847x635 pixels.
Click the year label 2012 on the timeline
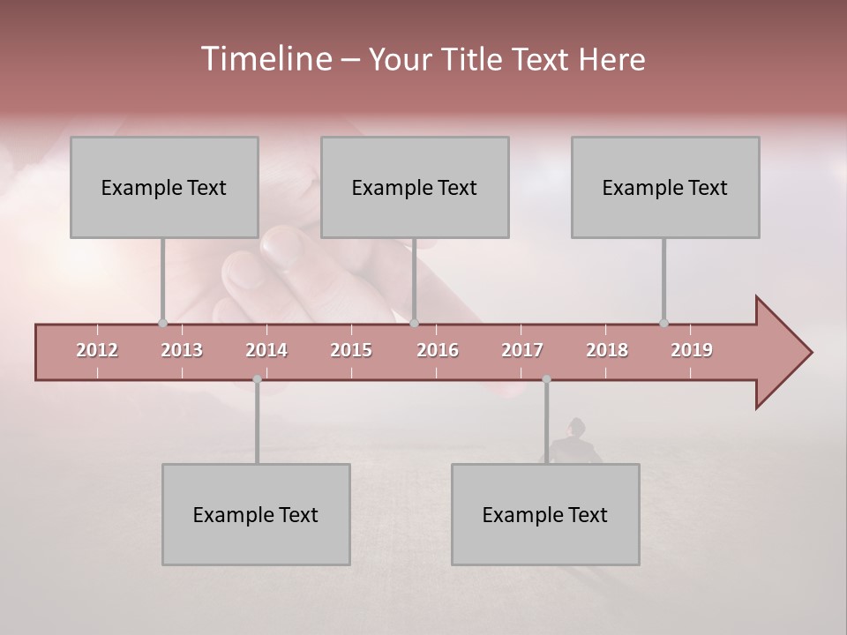tap(97, 351)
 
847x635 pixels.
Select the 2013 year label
tap(182, 351)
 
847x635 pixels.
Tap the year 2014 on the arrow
tap(266, 351)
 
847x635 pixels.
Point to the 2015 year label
tap(351, 351)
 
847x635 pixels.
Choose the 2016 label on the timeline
tap(438, 351)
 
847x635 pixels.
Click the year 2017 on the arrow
tap(522, 351)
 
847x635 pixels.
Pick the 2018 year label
tap(607, 351)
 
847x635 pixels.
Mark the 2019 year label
tap(692, 351)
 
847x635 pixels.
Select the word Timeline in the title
tap(265, 59)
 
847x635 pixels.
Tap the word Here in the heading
tap(611, 60)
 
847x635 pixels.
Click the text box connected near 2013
tap(164, 188)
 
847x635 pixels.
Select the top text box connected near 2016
tap(415, 188)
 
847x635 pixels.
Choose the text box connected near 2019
tap(665, 188)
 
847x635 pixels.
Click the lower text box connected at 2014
tap(256, 515)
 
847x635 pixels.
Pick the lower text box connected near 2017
tap(545, 515)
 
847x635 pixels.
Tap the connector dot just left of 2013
tap(162, 324)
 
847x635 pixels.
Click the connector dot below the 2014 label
tap(257, 380)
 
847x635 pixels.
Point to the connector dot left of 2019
tap(663, 324)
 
